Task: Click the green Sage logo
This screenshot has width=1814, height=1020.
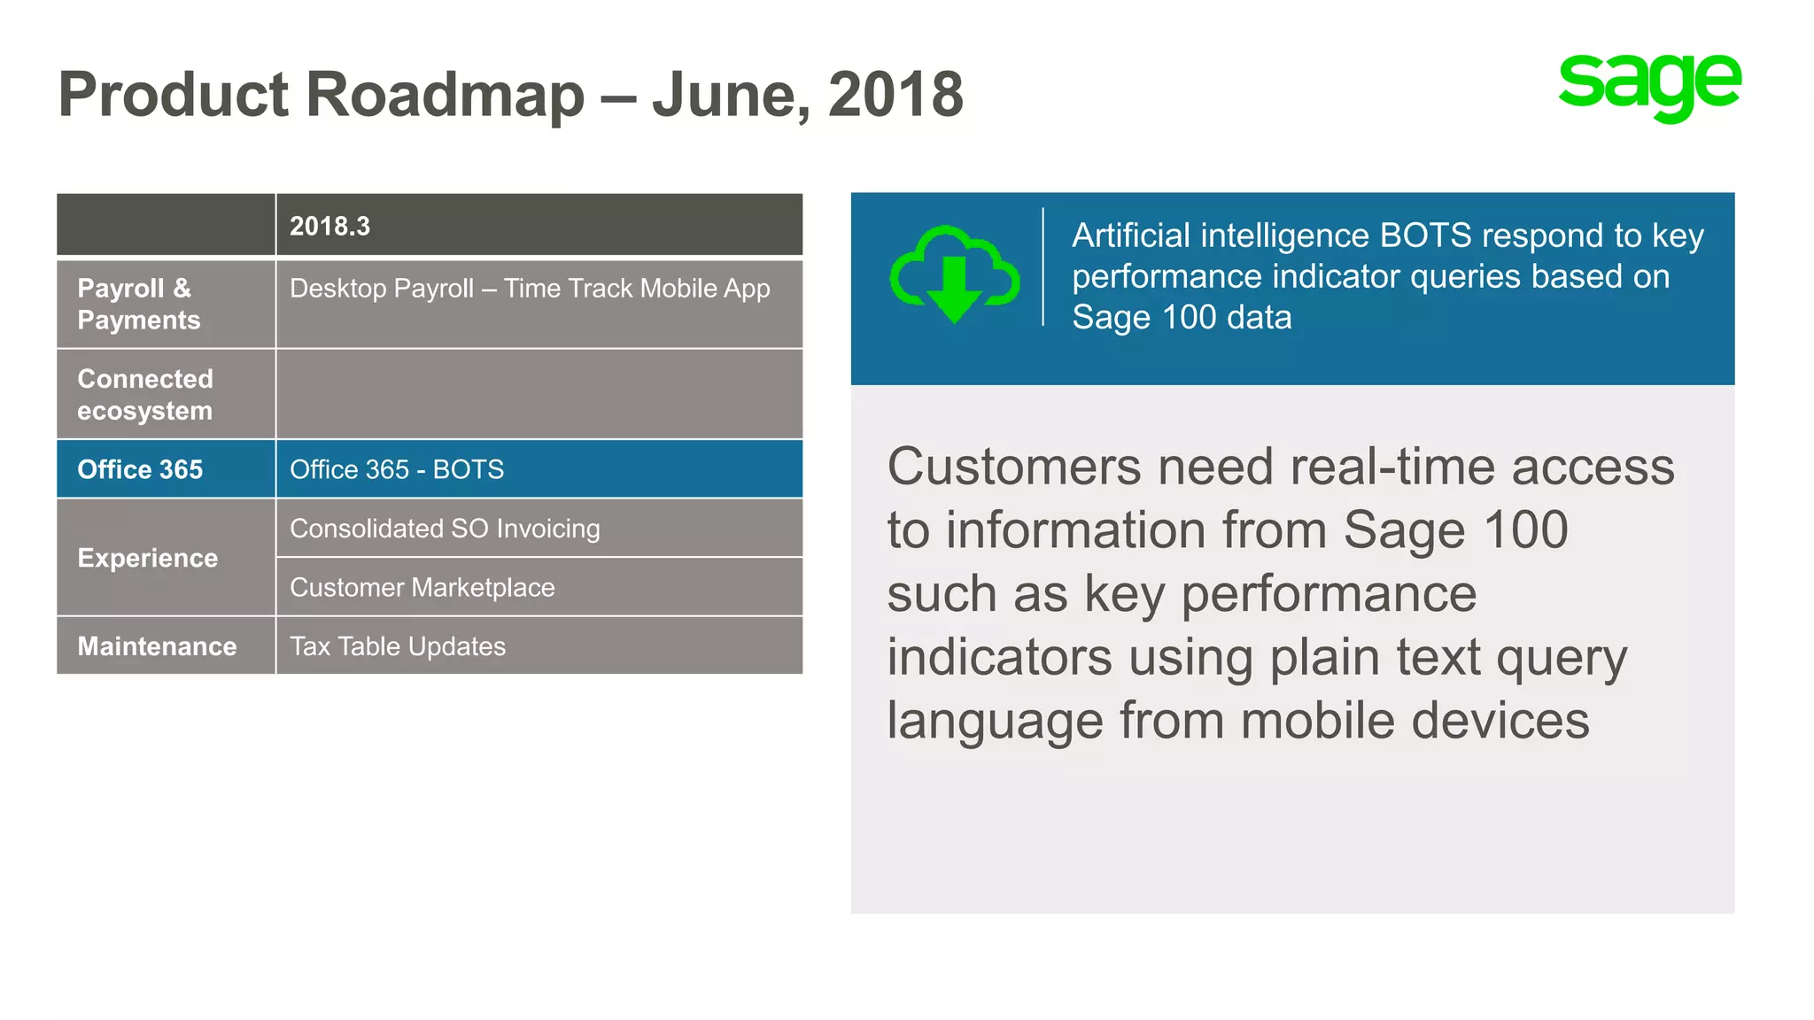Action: pyautogui.click(x=1649, y=86)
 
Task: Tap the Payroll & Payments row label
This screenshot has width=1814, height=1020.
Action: pyautogui.click(x=139, y=304)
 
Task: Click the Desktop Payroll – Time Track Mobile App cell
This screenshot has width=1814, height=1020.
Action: pyautogui.click(x=530, y=289)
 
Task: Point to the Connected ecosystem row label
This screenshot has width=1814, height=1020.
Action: pyautogui.click(x=145, y=395)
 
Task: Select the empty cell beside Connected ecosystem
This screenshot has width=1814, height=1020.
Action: pyautogui.click(x=539, y=395)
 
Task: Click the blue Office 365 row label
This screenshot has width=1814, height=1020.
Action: pyautogui.click(x=140, y=469)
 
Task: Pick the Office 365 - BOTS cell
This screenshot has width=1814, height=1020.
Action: pyautogui.click(x=397, y=469)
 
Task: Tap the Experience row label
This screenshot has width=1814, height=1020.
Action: pyautogui.click(x=148, y=558)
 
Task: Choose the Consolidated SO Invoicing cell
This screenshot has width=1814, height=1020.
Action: pyautogui.click(x=445, y=529)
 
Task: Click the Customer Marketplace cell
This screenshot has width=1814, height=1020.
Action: pyautogui.click(x=422, y=588)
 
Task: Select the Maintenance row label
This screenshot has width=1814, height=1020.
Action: pyautogui.click(x=157, y=646)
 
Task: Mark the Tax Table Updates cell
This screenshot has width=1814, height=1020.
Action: pyautogui.click(x=398, y=646)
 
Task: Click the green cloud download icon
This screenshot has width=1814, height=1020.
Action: pyautogui.click(x=954, y=274)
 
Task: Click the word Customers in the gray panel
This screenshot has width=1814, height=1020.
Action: pyautogui.click(x=1014, y=467)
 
